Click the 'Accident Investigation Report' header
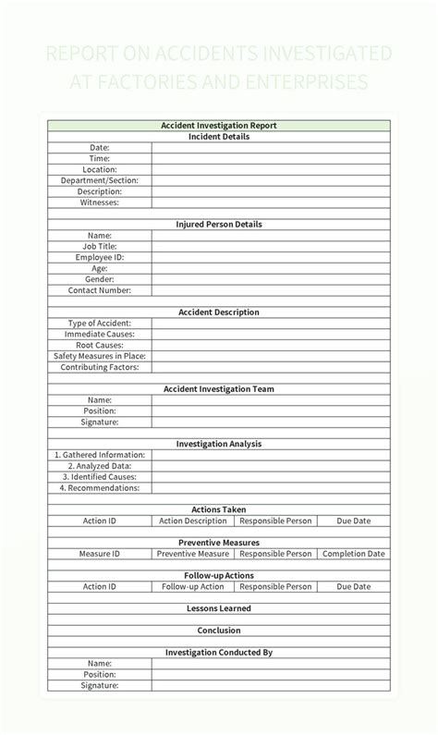click(x=219, y=126)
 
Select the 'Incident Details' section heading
click(x=219, y=137)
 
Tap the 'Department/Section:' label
click(x=100, y=180)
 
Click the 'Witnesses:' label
click(x=100, y=202)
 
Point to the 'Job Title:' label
click(x=100, y=246)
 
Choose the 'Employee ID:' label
click(x=100, y=257)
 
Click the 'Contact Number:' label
click(x=100, y=290)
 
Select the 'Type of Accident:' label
click(x=100, y=323)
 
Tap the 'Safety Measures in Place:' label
click(x=100, y=356)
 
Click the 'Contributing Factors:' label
click(x=100, y=367)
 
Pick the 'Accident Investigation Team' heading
click(x=219, y=389)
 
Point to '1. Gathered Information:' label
click(x=100, y=455)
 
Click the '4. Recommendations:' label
click(x=100, y=487)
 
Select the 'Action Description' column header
click(x=193, y=521)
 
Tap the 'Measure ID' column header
click(x=100, y=554)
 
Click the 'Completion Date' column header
click(x=353, y=554)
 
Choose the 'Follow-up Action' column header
click(x=193, y=586)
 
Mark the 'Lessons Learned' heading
click(x=219, y=608)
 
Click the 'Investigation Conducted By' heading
click(x=219, y=652)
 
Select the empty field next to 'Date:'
click(x=271, y=148)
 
